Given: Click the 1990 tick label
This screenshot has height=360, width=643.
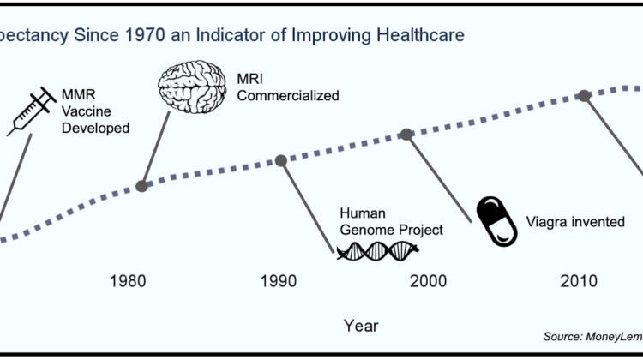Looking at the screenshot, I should (x=278, y=281).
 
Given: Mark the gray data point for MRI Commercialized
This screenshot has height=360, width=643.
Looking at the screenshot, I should (x=141, y=185).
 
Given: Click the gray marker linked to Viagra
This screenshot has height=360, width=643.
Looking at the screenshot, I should (x=407, y=134).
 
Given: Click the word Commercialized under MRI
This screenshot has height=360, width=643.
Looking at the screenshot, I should (x=277, y=95).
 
